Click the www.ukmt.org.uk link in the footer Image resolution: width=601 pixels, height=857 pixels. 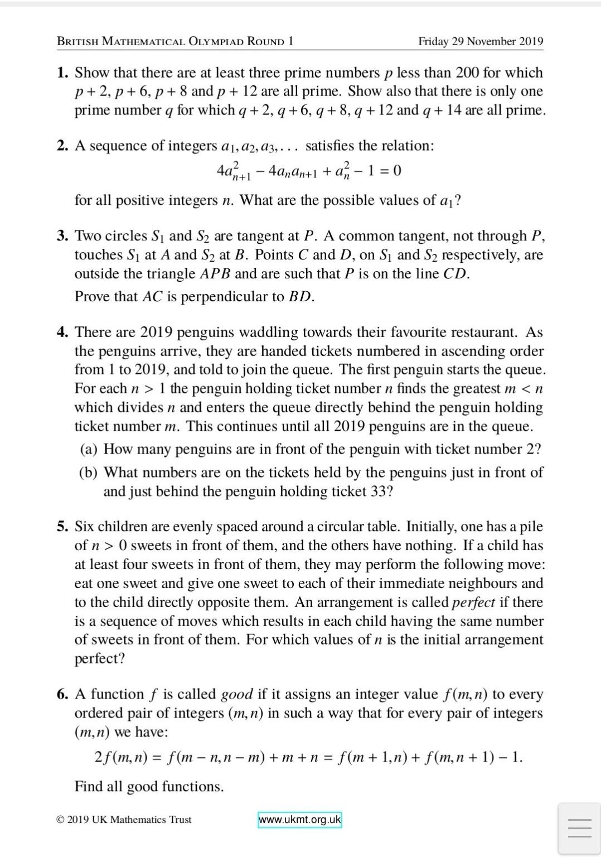[299, 820]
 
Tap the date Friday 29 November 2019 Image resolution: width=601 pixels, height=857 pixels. [481, 42]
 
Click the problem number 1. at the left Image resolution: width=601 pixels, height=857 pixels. [62, 73]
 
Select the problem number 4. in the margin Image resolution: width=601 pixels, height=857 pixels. [62, 332]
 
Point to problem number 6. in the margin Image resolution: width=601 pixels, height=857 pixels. [62, 694]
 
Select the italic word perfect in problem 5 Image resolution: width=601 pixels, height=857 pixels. [473, 602]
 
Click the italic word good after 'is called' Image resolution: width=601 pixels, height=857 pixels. [237, 694]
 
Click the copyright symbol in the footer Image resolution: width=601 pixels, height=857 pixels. [60, 820]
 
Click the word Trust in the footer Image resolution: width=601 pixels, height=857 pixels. [178, 820]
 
